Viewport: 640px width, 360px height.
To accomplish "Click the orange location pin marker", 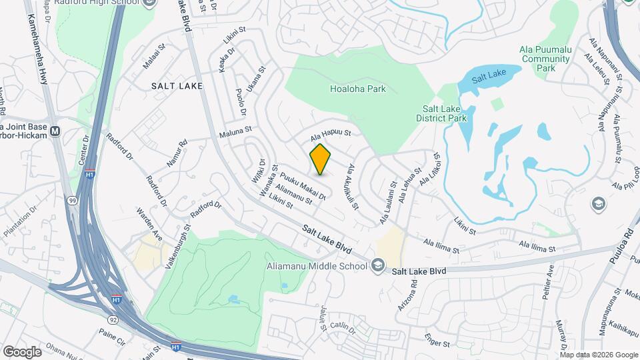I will pyautogui.click(x=321, y=159).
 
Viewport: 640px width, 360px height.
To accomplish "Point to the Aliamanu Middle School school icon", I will pyautogui.click(x=378, y=267).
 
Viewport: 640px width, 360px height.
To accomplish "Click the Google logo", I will pyautogui.click(x=22, y=351).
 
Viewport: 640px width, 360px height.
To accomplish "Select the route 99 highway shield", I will pyautogui.click(x=72, y=201).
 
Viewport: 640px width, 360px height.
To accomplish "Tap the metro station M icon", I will pyautogui.click(x=55, y=131).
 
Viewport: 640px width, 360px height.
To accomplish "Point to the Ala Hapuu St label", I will pyautogui.click(x=329, y=135).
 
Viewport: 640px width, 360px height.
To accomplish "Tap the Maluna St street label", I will pyautogui.click(x=235, y=131).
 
